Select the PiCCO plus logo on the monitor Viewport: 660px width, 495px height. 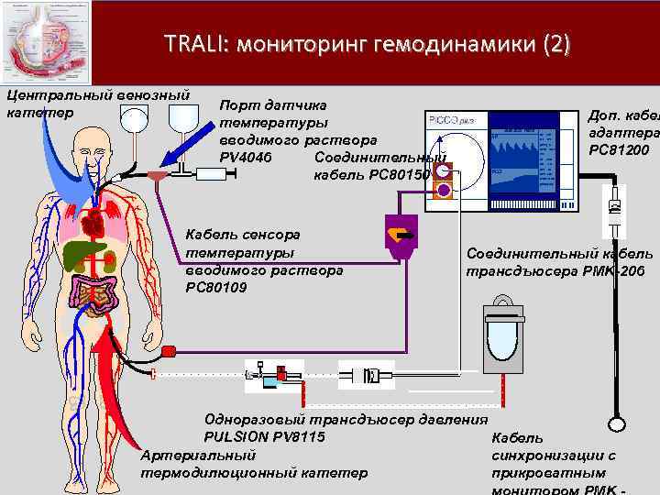pyautogui.click(x=449, y=120)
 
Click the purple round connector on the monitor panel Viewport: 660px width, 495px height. pyautogui.click(x=444, y=191)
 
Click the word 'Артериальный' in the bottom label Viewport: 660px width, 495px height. pyautogui.click(x=198, y=455)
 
